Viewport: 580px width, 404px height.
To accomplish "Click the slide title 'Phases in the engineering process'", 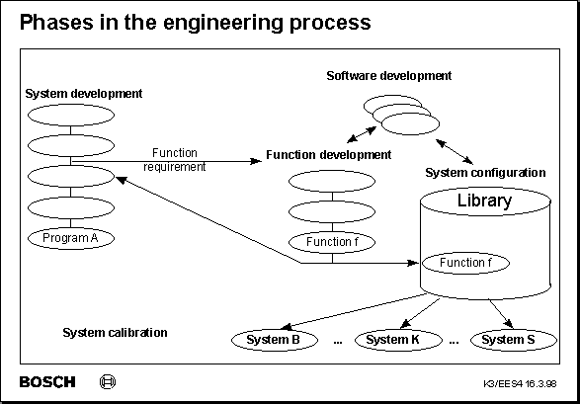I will (196, 21).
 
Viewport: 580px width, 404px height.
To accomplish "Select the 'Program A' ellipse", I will (71, 239).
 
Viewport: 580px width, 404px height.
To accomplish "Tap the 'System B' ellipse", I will (273, 340).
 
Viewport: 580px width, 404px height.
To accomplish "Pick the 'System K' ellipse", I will (394, 340).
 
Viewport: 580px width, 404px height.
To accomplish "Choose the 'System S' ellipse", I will (509, 340).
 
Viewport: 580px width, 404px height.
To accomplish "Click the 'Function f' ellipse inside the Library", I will (464, 264).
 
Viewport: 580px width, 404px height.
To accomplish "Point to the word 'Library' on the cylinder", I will (484, 202).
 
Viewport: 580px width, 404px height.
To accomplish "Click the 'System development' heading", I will (84, 94).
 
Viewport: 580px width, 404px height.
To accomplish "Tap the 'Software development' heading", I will (389, 75).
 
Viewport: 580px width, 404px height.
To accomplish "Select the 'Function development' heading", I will (329, 155).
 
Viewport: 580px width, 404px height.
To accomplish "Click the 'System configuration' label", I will (485, 172).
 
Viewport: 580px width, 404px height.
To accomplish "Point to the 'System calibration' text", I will (115, 333).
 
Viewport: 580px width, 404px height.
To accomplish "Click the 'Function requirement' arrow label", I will (175, 160).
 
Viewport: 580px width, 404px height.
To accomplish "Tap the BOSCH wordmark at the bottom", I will (46, 382).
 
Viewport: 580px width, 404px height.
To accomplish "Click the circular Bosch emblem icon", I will (109, 382).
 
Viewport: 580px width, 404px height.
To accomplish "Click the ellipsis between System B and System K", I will (337, 342).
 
